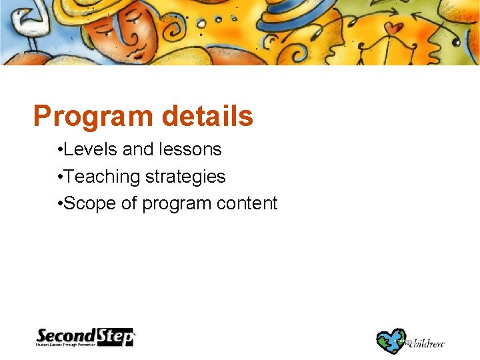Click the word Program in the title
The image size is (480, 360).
[x=92, y=116]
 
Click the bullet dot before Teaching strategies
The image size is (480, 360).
[x=60, y=177]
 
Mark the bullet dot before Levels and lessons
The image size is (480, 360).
[x=60, y=150]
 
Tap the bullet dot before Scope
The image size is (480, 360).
[x=60, y=204]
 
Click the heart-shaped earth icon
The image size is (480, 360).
[x=391, y=340]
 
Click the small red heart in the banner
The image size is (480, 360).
[x=397, y=29]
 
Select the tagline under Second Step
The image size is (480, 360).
[x=77, y=345]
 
